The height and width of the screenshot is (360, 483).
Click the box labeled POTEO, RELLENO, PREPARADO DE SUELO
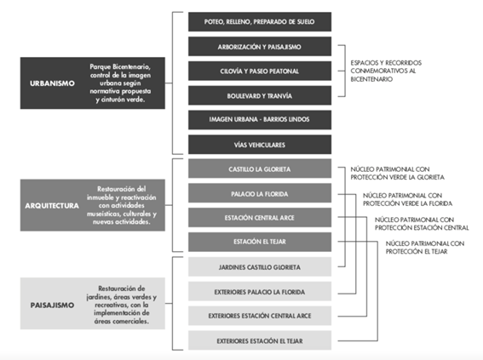coord(260,22)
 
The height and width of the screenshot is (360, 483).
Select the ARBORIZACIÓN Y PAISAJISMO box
coord(260,47)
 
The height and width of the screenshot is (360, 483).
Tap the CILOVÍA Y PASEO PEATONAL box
coord(260,71)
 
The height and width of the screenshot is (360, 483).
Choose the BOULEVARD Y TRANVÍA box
coord(260,95)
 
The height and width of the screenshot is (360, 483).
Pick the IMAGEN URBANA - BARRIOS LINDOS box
coord(260,120)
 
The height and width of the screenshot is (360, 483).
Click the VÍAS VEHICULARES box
coord(260,145)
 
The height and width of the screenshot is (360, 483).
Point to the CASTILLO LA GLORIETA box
coord(260,169)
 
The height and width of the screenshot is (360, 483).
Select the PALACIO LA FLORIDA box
coord(260,193)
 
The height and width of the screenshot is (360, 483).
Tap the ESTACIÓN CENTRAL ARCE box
coord(260,218)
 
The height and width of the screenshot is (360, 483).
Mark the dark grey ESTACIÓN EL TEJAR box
coord(260,242)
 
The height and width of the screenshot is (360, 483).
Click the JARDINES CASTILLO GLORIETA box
coord(260,266)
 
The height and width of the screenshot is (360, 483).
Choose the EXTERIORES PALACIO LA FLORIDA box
coord(260,291)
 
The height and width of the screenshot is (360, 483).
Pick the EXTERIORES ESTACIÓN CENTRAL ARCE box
coord(260,316)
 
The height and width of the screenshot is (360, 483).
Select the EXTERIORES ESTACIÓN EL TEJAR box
coord(260,340)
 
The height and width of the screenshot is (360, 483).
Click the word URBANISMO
coord(52,83)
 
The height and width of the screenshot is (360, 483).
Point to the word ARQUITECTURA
coord(52,206)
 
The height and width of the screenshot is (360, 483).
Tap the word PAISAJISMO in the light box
coord(52,305)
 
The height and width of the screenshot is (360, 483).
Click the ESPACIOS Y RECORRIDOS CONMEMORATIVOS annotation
coord(386,71)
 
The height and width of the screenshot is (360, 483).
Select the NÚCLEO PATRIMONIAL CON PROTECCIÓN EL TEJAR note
coord(425,248)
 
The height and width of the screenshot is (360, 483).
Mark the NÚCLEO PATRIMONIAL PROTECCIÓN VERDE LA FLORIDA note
coord(407,199)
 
